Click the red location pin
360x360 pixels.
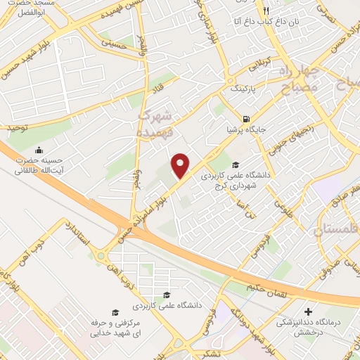pos(181,165)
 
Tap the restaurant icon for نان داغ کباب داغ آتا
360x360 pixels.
pos(266,11)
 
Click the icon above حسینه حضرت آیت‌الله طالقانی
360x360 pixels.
pos(38,149)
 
